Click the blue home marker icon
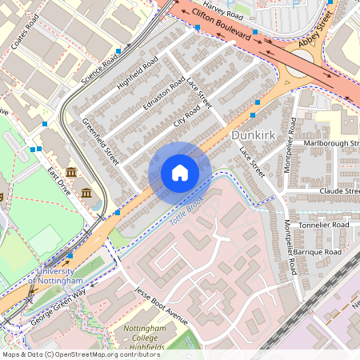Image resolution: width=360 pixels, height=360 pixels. pyautogui.click(x=180, y=172)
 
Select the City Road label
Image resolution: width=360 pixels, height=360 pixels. pyautogui.click(x=186, y=117)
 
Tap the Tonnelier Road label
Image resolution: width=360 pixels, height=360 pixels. pyautogui.click(x=324, y=226)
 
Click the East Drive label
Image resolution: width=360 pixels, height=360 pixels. pyautogui.click(x=60, y=182)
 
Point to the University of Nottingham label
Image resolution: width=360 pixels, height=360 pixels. pyautogui.click(x=59, y=276)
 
